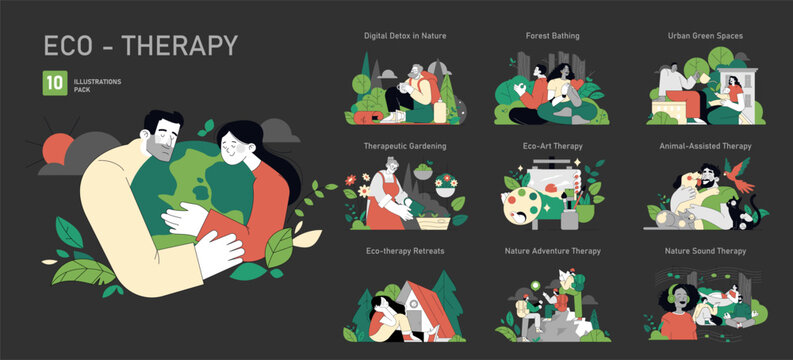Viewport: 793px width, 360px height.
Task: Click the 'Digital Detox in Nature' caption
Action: [404, 35]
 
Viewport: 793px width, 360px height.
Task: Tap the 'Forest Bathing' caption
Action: [552, 35]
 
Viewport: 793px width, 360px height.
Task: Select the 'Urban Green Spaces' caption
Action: [705, 35]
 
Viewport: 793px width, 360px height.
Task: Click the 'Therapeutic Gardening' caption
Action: [404, 145]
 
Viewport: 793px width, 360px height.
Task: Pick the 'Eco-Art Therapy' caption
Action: [552, 145]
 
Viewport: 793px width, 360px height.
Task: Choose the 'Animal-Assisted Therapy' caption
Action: [705, 145]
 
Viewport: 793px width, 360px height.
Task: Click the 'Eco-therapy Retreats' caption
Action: [404, 251]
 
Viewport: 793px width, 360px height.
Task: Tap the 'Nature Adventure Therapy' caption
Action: [552, 251]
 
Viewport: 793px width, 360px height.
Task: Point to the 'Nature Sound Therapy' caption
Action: [705, 251]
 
